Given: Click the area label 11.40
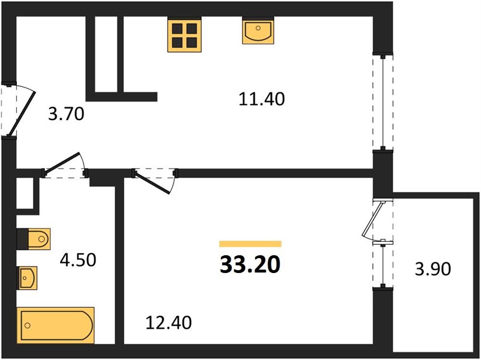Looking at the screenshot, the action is tap(261, 99).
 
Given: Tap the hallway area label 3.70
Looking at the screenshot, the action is tap(66, 114).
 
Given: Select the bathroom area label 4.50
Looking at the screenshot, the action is tap(78, 260).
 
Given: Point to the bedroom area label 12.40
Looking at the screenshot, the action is tap(168, 322).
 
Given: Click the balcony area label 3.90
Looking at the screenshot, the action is tap(433, 269).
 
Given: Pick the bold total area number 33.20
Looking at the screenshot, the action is tap(250, 265).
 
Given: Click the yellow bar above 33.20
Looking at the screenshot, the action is tap(250, 244).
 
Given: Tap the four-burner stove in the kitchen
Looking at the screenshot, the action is tap(184, 35).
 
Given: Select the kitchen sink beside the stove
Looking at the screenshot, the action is tap(258, 31).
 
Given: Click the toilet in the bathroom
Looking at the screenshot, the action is tap(34, 239).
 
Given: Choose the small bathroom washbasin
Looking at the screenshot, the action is tap(27, 278).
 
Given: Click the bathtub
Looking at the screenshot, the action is tap(55, 325).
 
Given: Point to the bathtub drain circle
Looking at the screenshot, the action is tap(28, 325).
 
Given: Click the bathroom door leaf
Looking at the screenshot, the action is tap(62, 164).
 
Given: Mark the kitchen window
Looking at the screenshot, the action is tap(383, 102).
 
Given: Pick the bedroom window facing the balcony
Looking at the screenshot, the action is tap(383, 265).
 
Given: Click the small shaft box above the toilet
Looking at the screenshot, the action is tap(25, 193).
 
